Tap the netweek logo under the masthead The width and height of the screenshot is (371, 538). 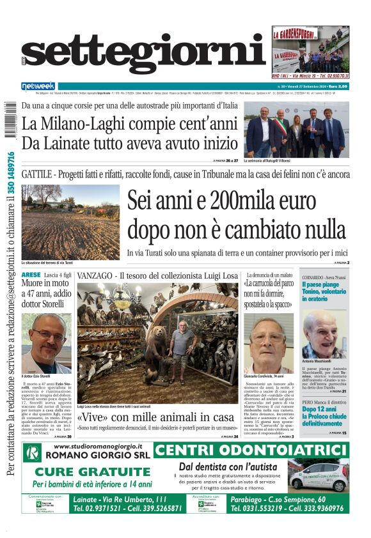[38, 86]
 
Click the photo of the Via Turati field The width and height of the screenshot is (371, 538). [70, 222]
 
